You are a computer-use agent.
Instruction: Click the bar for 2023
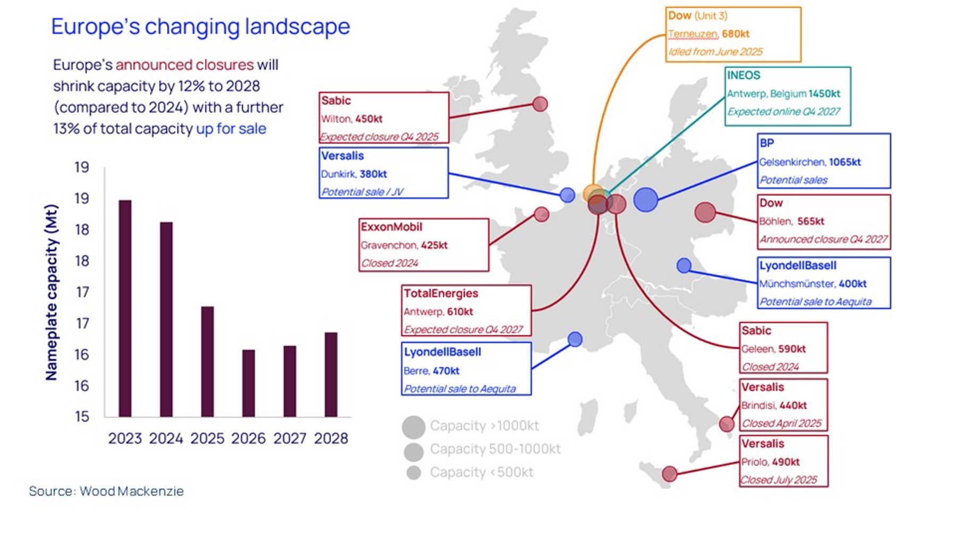click(125, 308)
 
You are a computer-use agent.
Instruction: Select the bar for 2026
click(249, 383)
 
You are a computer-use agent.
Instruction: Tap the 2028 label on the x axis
click(331, 439)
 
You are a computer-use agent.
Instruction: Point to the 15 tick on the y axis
click(82, 416)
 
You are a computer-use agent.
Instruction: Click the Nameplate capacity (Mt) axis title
click(52, 292)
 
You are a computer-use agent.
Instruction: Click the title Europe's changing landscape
click(200, 27)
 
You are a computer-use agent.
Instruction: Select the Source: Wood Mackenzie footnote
click(106, 491)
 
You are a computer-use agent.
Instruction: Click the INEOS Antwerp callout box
click(787, 96)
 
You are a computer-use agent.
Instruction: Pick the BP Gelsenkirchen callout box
click(823, 161)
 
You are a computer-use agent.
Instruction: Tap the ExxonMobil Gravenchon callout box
click(423, 245)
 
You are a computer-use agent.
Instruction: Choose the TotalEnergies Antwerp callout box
click(466, 310)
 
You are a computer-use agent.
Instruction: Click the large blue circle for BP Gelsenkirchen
click(646, 200)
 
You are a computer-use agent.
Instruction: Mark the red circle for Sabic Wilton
click(540, 104)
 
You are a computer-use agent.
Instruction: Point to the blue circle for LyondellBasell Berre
click(575, 339)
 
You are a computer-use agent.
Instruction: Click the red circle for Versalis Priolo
click(669, 473)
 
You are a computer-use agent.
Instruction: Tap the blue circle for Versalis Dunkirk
click(567, 195)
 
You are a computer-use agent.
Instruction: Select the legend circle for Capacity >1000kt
click(413, 426)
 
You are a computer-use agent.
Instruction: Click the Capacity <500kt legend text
click(481, 472)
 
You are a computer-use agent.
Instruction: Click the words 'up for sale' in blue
click(231, 129)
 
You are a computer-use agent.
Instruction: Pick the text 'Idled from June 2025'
click(715, 52)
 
